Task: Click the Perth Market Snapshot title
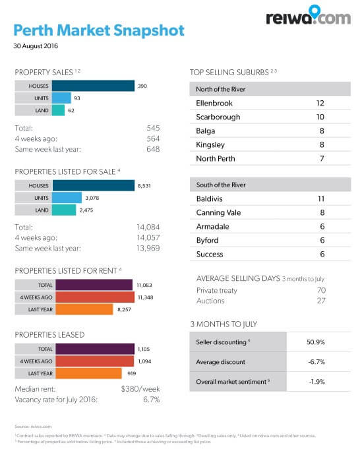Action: tap(99, 31)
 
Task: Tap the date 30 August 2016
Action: tap(36, 46)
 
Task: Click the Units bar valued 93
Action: tap(61, 98)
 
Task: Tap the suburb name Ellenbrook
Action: tap(215, 103)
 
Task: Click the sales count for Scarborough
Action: tap(320, 117)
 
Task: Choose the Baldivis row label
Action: tap(210, 198)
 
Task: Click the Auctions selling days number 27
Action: tap(320, 301)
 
